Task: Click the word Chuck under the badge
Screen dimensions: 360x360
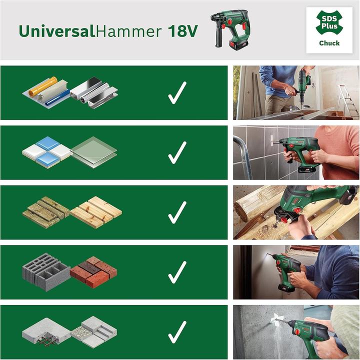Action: (329, 43)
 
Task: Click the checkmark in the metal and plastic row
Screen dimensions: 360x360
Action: (177, 93)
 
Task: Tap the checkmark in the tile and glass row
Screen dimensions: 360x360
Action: (177, 153)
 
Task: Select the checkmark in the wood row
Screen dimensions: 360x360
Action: (177, 212)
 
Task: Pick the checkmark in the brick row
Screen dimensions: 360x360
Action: (177, 272)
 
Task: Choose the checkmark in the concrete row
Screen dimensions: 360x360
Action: (177, 332)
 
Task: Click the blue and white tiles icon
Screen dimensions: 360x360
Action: (46, 150)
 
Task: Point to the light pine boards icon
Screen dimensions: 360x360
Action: (96, 212)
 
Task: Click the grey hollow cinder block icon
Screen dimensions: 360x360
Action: (46, 273)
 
